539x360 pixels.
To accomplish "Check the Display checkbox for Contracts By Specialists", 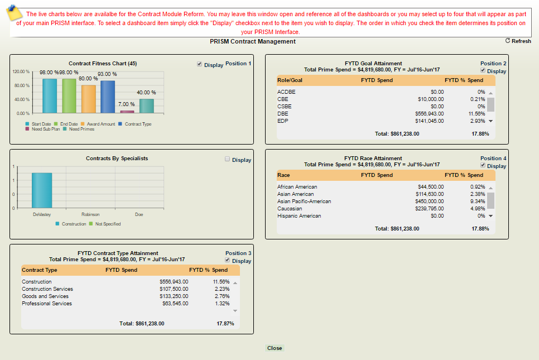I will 228,159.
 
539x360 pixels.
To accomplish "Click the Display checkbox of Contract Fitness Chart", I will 200,64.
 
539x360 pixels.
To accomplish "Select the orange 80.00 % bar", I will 89,99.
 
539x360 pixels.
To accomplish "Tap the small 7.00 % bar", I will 127,111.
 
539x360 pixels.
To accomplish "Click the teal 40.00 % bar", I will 147,105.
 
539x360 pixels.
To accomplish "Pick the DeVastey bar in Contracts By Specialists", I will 42,190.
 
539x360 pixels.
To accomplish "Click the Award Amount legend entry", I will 101,124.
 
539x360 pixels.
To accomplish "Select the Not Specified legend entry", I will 108,224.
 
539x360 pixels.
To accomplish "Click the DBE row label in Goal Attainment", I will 282,113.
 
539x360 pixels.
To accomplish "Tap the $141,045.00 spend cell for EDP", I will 429,121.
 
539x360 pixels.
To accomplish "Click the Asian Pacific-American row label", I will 304,201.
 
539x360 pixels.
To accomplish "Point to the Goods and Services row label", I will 45,296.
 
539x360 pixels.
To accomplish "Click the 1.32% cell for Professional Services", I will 221,304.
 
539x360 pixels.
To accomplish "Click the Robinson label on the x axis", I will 90,214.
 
